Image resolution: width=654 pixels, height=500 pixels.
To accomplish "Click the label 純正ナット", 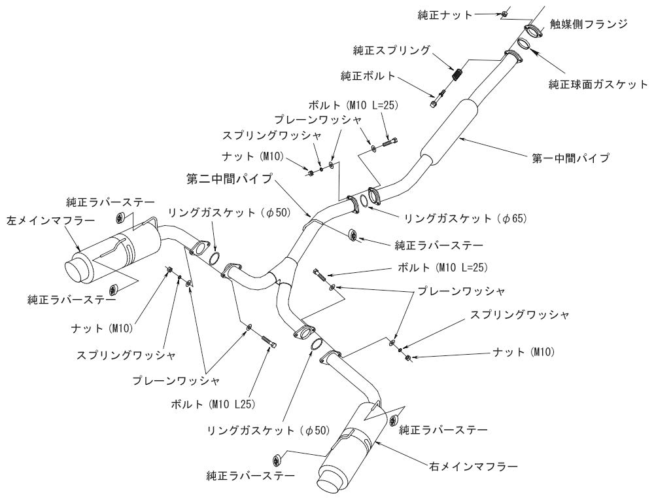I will click(x=445, y=14).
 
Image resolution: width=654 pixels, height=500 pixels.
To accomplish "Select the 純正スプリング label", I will click(x=401, y=50).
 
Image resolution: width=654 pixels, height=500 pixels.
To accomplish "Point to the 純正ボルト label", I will click(x=368, y=76).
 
